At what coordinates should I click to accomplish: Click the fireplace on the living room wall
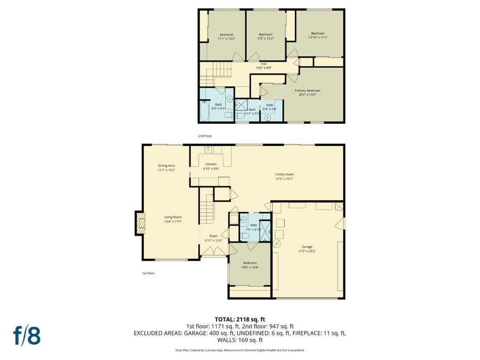pyautogui.click(x=140, y=223)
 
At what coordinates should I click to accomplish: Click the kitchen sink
pyautogui.click(x=209, y=150)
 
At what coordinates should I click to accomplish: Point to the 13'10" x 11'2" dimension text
pyautogui.click(x=318, y=37)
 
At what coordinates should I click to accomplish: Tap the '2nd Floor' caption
pyautogui.click(x=205, y=136)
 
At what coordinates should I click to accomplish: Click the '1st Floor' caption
pyautogui.click(x=148, y=273)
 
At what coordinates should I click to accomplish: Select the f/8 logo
pyautogui.click(x=27, y=336)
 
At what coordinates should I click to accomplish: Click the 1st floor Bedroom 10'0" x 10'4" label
pyautogui.click(x=250, y=265)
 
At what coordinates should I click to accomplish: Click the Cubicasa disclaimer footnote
pyautogui.click(x=240, y=350)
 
